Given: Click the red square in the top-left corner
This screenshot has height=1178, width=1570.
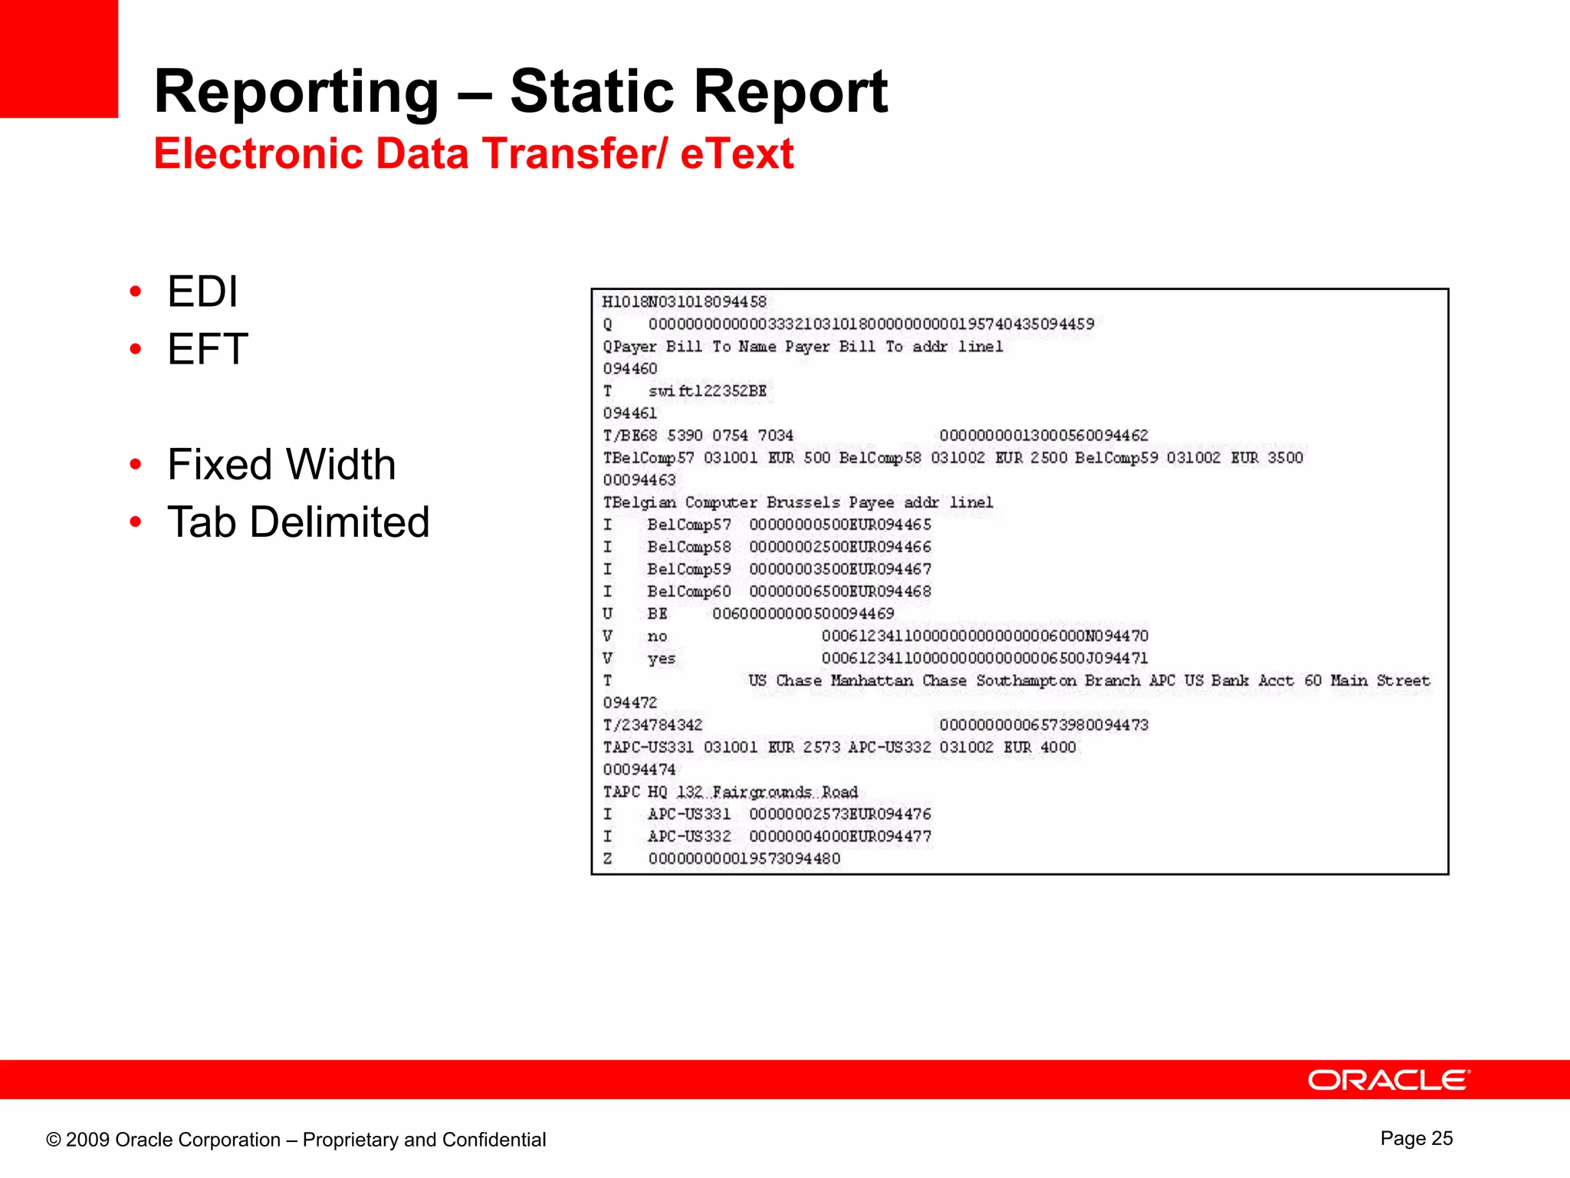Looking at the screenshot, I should [x=58, y=58].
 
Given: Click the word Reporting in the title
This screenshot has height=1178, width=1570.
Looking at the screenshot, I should [x=297, y=92].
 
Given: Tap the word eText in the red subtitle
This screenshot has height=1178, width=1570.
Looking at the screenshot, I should [x=736, y=153].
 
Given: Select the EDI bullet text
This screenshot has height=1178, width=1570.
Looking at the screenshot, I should [x=202, y=292].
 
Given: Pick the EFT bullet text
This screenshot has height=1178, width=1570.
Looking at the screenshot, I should [x=208, y=350].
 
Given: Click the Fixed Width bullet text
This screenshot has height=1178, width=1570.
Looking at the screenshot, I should [x=281, y=465].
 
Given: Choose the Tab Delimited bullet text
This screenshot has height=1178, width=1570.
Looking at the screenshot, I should [x=298, y=522].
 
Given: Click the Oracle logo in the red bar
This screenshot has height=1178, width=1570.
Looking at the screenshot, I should [x=1388, y=1081].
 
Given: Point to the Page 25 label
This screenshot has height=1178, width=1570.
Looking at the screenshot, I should [x=1416, y=1138].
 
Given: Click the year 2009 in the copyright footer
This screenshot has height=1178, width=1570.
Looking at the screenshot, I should [x=87, y=1140].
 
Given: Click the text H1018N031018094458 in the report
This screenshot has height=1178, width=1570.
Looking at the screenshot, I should [x=684, y=302].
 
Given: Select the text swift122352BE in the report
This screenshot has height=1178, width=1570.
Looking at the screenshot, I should [x=707, y=391].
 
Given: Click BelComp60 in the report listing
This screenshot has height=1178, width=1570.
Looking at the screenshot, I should [x=688, y=591].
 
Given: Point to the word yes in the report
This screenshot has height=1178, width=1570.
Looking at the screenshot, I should [x=661, y=659].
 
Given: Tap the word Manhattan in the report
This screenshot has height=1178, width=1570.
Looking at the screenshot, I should [x=872, y=680].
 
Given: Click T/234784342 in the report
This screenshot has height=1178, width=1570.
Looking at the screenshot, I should [x=652, y=725].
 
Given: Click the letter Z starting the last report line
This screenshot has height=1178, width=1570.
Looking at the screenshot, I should [x=608, y=859].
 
